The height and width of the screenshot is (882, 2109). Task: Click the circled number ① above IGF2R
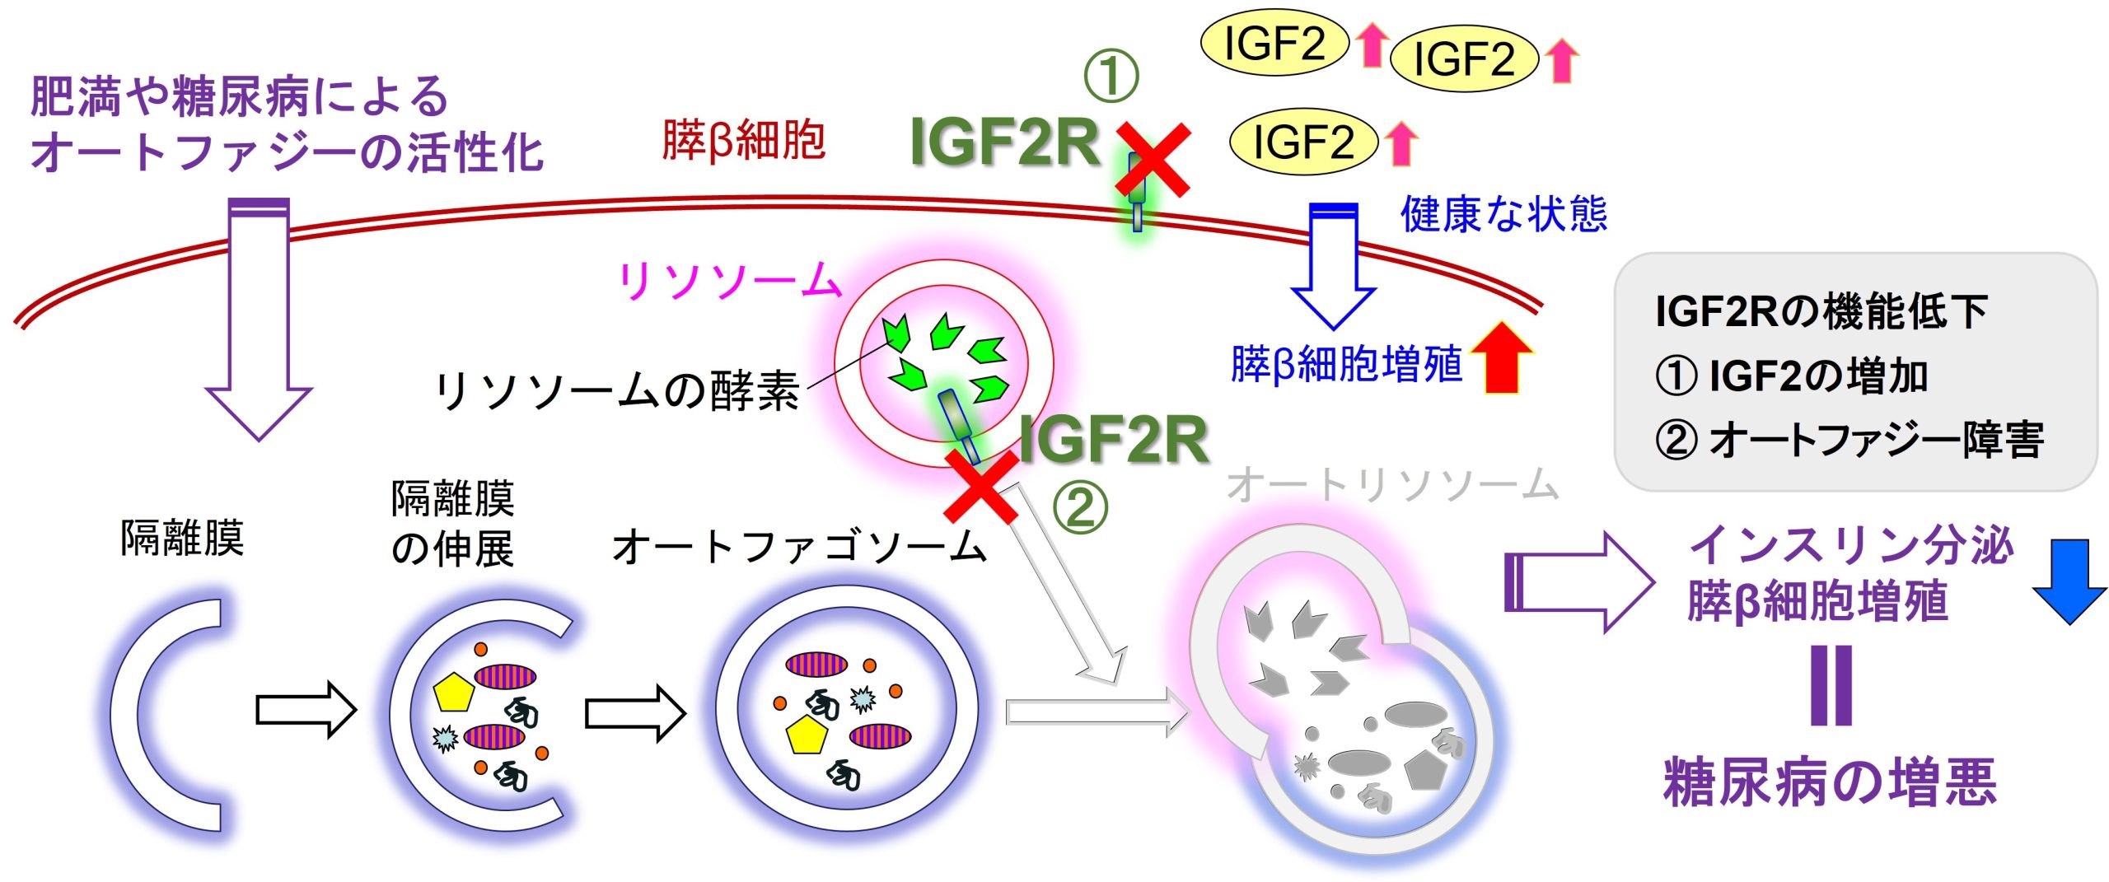point(1111,76)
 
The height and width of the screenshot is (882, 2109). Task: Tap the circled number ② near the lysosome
point(1079,508)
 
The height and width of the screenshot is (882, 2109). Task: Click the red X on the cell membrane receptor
point(1153,160)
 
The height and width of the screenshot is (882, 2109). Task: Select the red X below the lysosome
point(980,486)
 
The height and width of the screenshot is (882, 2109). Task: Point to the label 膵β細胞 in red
point(743,140)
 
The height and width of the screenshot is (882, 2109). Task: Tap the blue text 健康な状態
point(1503,214)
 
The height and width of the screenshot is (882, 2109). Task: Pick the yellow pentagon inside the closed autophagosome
point(805,735)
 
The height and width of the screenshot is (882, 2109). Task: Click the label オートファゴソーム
point(799,548)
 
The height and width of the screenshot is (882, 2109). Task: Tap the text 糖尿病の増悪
point(1830,782)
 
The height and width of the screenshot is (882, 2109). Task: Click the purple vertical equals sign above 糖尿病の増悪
point(1831,685)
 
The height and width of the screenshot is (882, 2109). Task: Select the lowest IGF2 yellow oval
point(1303,142)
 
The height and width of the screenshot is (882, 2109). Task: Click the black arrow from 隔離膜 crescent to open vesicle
point(305,709)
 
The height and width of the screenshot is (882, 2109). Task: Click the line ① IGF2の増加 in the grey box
point(1792,376)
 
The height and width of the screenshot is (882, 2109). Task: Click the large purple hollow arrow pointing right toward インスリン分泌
point(1578,582)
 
